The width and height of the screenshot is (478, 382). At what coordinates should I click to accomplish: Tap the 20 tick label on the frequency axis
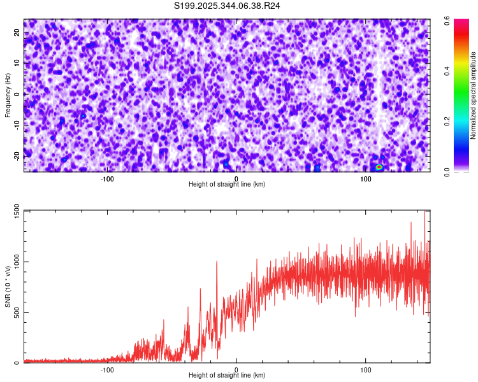tap(17, 32)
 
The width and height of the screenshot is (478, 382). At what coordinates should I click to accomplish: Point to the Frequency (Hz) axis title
tap(8, 95)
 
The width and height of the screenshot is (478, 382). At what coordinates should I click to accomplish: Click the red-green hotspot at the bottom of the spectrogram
tap(379, 167)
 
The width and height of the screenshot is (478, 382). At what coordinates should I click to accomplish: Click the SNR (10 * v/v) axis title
tap(8, 286)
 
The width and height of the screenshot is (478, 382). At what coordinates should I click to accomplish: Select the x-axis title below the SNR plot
tap(227, 376)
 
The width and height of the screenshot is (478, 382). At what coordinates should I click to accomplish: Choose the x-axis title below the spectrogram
tap(227, 184)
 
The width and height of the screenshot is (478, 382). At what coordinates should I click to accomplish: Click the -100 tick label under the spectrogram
tap(106, 178)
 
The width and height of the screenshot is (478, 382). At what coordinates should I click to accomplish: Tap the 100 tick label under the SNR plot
tap(366, 369)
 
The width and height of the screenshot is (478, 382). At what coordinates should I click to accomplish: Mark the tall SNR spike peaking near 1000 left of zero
tap(217, 262)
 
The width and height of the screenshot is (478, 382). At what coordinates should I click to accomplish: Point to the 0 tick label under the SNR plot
tap(236, 369)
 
